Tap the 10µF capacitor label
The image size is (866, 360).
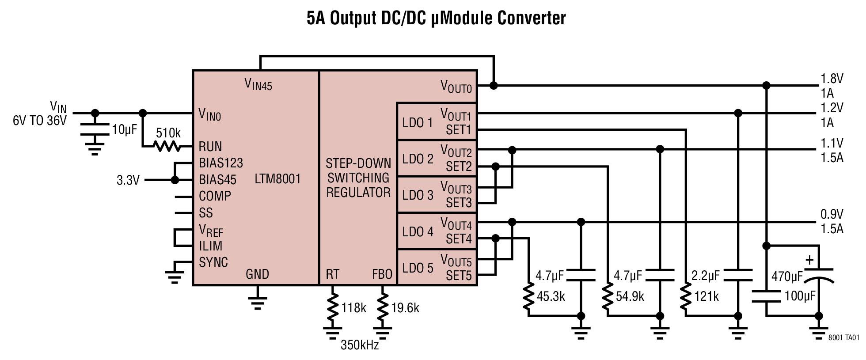click(x=124, y=130)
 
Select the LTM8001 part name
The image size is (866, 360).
click(x=277, y=179)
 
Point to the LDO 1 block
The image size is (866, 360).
click(x=417, y=122)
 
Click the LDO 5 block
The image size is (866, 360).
click(x=417, y=268)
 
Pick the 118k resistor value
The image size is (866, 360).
click(x=353, y=308)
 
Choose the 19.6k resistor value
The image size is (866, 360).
click(x=405, y=308)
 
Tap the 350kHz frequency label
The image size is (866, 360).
click(x=360, y=345)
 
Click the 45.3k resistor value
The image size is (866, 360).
click(x=551, y=296)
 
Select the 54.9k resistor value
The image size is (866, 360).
click(x=630, y=296)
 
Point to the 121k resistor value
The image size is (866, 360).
click(x=706, y=296)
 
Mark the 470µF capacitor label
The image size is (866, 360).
click(x=787, y=277)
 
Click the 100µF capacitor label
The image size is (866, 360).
click(x=800, y=296)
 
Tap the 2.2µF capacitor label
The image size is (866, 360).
click(x=706, y=276)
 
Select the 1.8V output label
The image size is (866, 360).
click(x=832, y=79)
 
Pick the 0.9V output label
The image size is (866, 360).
click(x=832, y=214)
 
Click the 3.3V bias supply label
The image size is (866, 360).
click(x=128, y=180)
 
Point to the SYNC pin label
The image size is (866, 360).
click(x=213, y=262)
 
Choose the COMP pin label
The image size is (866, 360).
click(x=215, y=196)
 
